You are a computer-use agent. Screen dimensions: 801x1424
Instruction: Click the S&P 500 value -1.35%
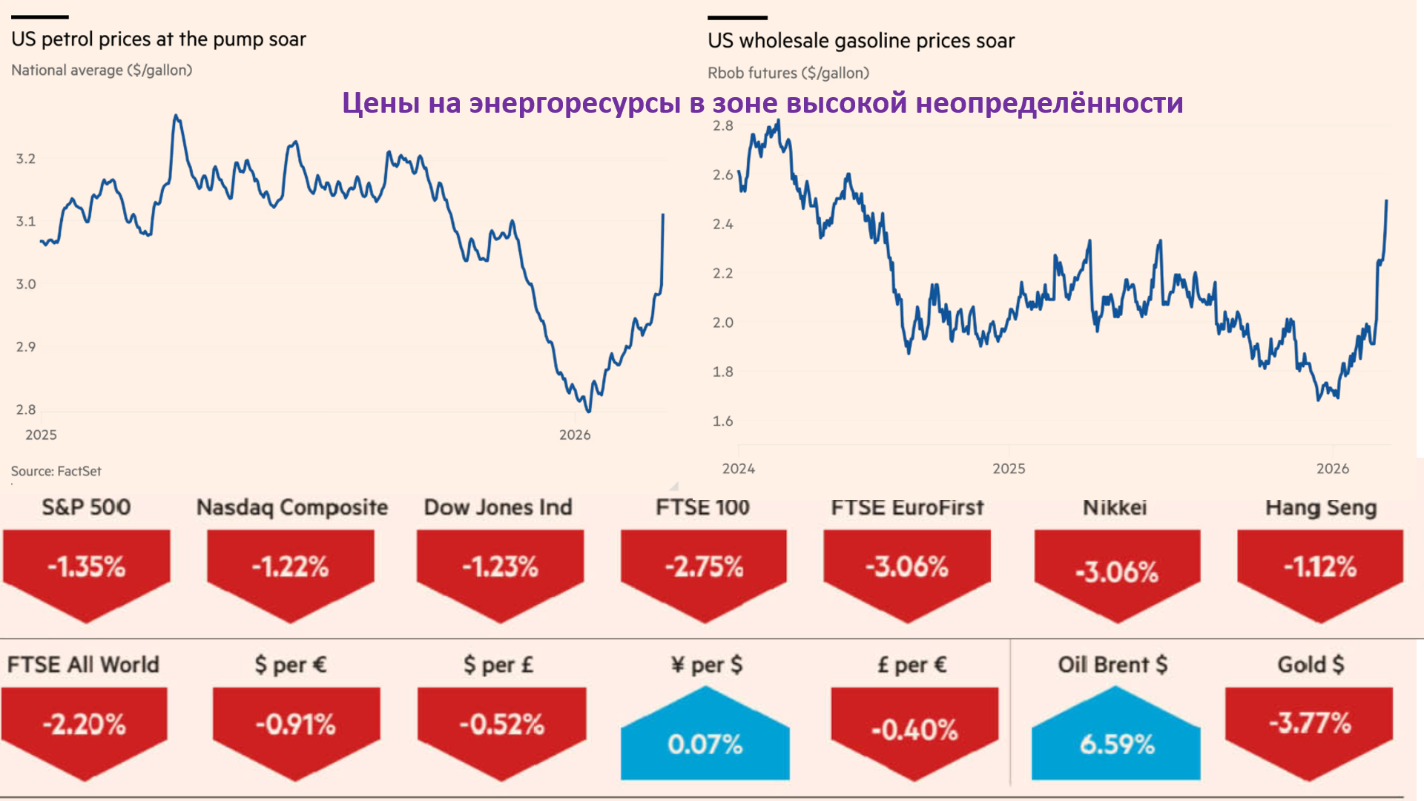(x=86, y=567)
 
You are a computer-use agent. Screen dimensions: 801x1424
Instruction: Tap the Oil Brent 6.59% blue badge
(x=1116, y=743)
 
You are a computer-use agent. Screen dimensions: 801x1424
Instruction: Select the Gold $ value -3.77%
(x=1310, y=723)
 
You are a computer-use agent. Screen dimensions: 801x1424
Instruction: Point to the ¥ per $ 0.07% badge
(x=705, y=743)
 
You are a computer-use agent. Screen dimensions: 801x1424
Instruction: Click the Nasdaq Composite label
(x=291, y=507)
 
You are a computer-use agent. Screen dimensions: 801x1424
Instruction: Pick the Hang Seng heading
(x=1320, y=508)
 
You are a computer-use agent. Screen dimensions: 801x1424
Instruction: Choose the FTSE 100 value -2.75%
(x=704, y=567)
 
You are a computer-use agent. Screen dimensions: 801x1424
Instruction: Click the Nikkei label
(x=1114, y=508)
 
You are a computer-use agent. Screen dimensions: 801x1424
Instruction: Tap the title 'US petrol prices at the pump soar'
(x=158, y=39)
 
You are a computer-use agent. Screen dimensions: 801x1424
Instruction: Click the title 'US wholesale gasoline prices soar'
(x=860, y=41)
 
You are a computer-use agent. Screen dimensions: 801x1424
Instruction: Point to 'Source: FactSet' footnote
(x=56, y=471)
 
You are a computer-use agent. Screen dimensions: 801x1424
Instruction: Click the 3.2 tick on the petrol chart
(x=26, y=159)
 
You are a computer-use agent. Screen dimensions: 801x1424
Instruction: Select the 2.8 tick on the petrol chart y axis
(x=26, y=409)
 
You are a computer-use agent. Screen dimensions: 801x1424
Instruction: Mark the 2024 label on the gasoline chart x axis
(x=738, y=469)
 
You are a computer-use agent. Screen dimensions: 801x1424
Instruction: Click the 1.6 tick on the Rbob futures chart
(x=722, y=421)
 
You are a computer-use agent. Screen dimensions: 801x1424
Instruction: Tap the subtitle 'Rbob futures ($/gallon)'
(x=788, y=73)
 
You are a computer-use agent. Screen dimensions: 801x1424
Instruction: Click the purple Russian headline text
(x=762, y=103)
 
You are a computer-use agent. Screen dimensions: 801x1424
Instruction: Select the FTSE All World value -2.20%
(x=84, y=725)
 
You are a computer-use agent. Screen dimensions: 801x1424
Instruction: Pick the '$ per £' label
(x=498, y=665)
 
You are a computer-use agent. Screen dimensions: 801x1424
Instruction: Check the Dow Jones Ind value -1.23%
(x=500, y=567)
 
